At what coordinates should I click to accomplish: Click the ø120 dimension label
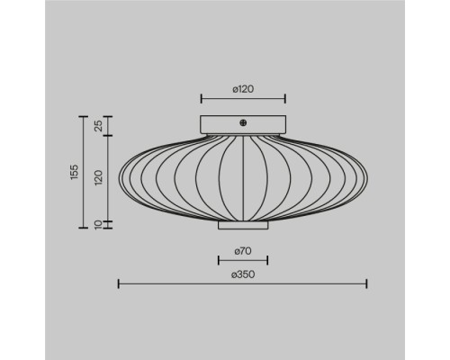click(x=243, y=89)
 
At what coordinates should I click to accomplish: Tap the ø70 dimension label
click(x=243, y=251)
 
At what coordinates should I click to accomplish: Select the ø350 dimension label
click(x=243, y=274)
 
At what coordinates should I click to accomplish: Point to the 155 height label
click(x=74, y=172)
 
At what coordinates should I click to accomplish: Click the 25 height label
click(x=99, y=126)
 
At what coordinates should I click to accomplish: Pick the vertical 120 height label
click(x=99, y=177)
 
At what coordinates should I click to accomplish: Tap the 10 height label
click(x=99, y=225)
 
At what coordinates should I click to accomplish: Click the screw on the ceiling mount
click(x=243, y=122)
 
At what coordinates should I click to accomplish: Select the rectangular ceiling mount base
click(x=243, y=124)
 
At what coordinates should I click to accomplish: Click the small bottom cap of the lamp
click(x=243, y=225)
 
